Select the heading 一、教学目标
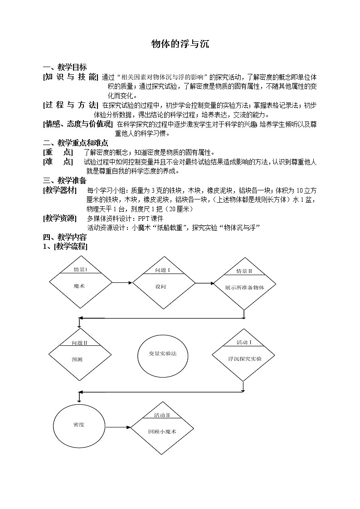64,68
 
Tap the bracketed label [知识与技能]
70,77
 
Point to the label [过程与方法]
70,105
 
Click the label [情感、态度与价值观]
77,124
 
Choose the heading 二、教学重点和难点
75,143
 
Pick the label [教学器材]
60,189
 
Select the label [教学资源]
60,218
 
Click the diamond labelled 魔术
80,283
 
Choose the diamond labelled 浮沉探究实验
244,355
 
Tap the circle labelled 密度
79,425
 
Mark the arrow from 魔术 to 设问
122,283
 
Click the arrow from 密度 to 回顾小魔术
117,427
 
